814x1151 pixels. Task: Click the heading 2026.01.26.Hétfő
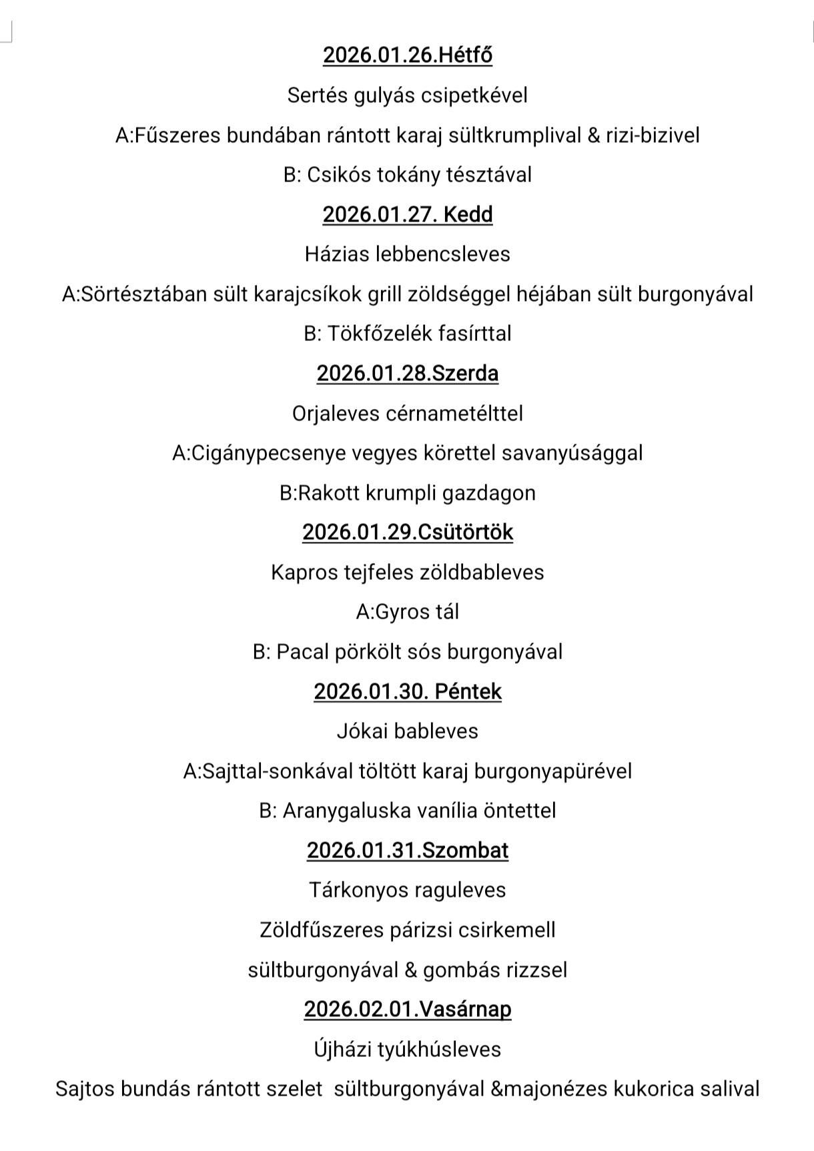coord(408,55)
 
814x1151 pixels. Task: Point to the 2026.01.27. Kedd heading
coord(408,214)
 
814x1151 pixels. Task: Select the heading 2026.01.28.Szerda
coord(408,373)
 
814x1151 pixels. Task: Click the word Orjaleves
coord(336,414)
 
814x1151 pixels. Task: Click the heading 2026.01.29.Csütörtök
coord(408,532)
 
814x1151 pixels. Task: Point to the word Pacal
coord(303,651)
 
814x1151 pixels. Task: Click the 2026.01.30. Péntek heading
coord(408,691)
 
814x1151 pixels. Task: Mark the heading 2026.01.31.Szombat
coord(408,850)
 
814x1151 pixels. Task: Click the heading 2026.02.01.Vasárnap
coord(408,1009)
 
